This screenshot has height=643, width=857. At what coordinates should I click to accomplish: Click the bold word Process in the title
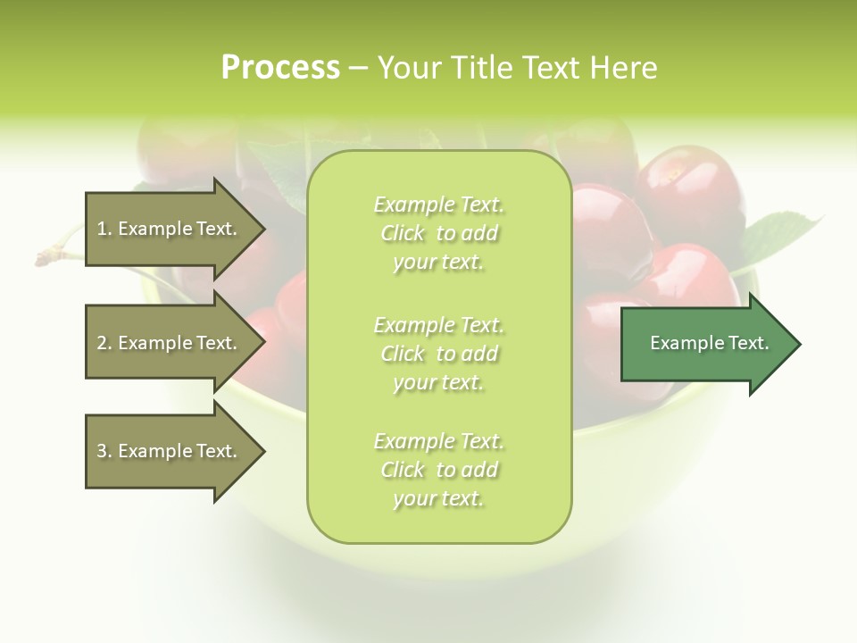pyautogui.click(x=280, y=68)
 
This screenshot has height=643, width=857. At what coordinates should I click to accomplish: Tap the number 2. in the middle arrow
pyautogui.click(x=104, y=343)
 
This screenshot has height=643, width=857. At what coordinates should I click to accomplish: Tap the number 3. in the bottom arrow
pyautogui.click(x=104, y=451)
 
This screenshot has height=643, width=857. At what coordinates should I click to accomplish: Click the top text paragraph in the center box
pyautogui.click(x=438, y=233)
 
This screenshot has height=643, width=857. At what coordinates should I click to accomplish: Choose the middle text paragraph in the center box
pyautogui.click(x=438, y=354)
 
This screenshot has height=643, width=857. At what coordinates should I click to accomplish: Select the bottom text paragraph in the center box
pyautogui.click(x=438, y=470)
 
